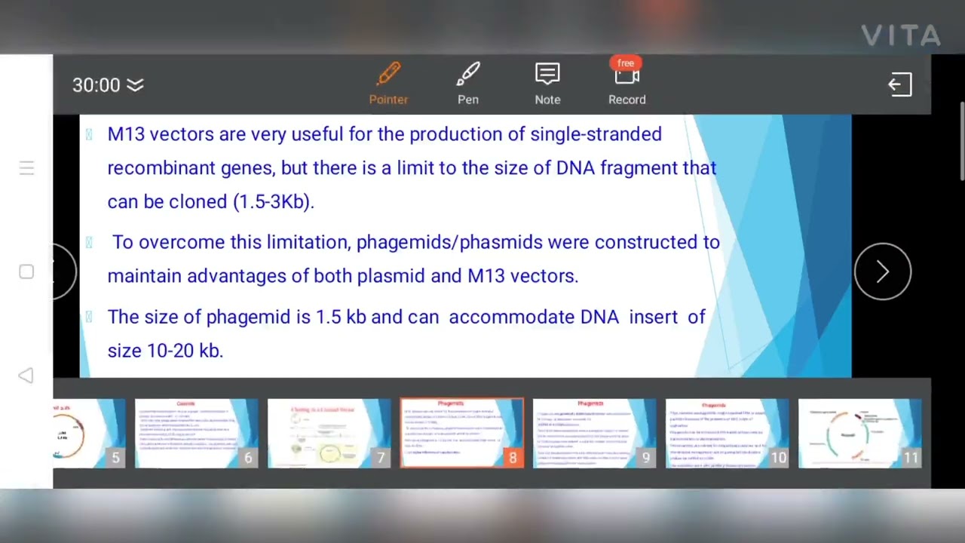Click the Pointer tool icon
[388, 75]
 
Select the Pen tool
[467, 75]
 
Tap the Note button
[547, 75]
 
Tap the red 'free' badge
[626, 63]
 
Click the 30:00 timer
[96, 85]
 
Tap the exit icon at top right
[899, 85]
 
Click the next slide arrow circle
[882, 271]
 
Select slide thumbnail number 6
[196, 434]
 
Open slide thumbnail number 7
[329, 434]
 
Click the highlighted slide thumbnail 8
[461, 434]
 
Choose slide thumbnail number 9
[594, 434]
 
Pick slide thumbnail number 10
[727, 434]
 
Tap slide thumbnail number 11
[859, 434]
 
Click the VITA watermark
[901, 35]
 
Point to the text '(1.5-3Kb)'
[273, 201]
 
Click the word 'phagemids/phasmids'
[449, 242]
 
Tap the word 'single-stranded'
[596, 134]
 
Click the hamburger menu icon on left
[26, 168]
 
